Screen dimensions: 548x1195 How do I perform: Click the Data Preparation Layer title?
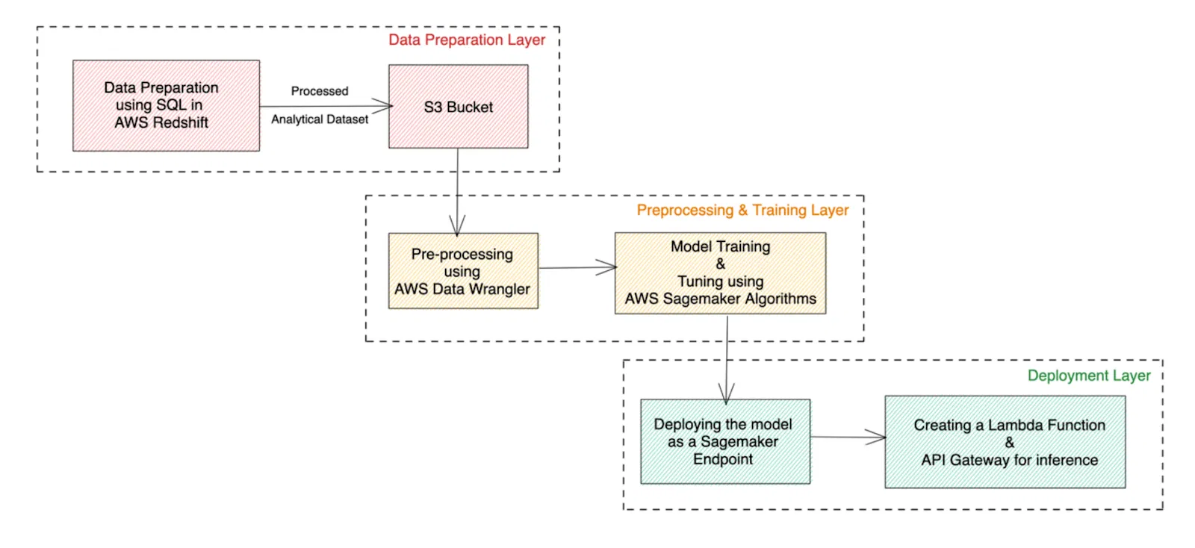point(467,40)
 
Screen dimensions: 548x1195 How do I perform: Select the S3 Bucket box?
point(458,107)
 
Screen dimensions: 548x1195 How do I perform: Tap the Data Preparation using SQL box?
point(166,105)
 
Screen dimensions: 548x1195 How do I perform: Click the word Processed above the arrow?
point(320,91)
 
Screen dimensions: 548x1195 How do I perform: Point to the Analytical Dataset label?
point(320,119)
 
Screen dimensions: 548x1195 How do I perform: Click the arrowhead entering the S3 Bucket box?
point(382,106)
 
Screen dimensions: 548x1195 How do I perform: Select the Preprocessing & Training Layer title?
point(742,211)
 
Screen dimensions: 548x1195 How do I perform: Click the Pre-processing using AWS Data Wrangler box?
point(462,271)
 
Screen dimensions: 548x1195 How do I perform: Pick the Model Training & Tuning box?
point(720,273)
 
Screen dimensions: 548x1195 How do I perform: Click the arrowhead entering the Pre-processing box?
point(457,225)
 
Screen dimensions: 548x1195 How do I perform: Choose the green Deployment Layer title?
point(1088,376)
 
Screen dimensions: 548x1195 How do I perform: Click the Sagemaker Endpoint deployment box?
point(724,441)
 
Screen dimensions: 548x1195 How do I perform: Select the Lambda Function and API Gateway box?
point(1005,442)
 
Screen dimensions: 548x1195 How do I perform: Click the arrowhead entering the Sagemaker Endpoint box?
point(726,393)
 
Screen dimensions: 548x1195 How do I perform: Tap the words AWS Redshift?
point(161,123)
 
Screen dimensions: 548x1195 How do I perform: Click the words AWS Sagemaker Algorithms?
point(720,299)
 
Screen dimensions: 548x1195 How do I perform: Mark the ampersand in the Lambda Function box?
point(1009,443)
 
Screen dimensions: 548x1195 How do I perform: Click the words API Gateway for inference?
point(1009,461)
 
